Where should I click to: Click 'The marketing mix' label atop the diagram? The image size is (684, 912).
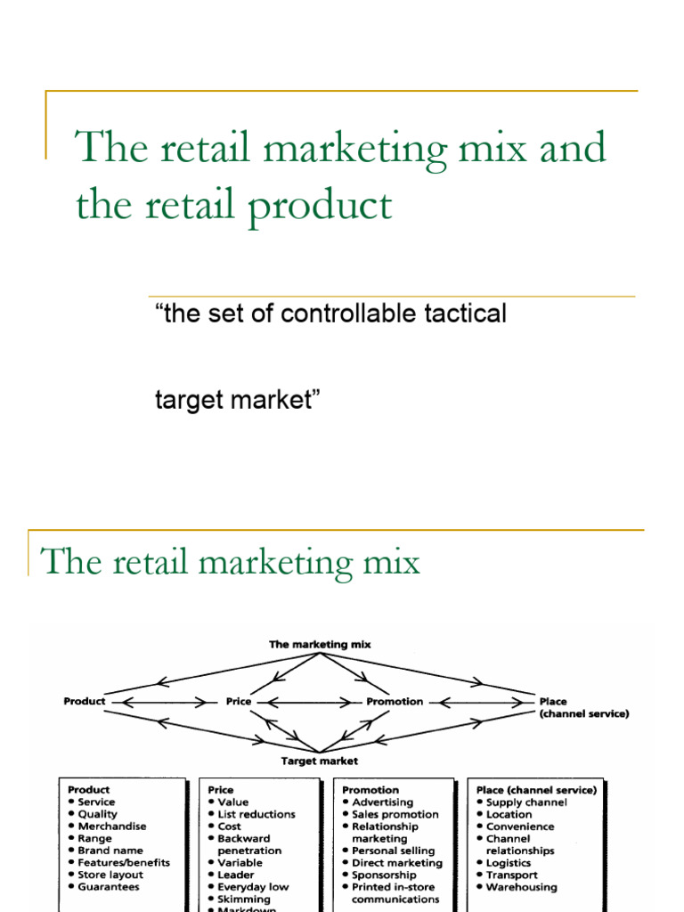coord(320,643)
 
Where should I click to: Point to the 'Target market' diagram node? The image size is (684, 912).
coord(320,761)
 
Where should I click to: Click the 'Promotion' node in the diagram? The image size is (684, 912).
coord(395,702)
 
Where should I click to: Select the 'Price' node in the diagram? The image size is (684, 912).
coord(239,702)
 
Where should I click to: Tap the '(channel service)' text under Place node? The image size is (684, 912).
coord(583,713)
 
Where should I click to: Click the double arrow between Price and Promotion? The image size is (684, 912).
coord(308,702)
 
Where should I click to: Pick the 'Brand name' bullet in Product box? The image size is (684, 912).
coord(111,851)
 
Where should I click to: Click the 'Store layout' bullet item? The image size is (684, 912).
coord(110,875)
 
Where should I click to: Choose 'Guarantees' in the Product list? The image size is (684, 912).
coord(109,887)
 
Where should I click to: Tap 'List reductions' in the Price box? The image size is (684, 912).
coord(256,814)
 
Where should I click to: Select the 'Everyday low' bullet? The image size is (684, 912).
coord(254,887)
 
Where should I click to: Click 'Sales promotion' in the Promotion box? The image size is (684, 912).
coord(395,814)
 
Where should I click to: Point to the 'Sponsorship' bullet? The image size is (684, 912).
coord(384,875)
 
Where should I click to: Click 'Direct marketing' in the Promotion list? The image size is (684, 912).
coord(397,863)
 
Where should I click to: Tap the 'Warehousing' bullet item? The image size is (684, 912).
coord(522,887)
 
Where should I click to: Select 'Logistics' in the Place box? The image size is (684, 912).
coord(509,863)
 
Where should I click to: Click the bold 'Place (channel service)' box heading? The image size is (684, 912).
coord(537,790)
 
